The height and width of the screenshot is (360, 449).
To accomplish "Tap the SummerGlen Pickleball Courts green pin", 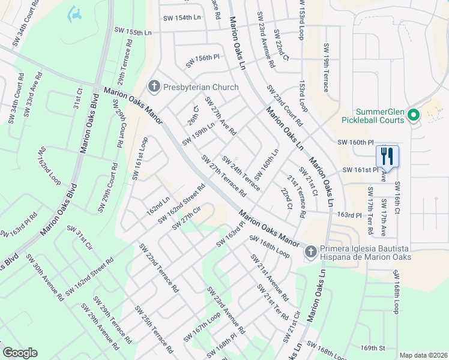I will (413, 114).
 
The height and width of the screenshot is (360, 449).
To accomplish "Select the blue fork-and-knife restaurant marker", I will (387, 157).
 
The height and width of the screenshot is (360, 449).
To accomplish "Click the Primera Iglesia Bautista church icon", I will (310, 251).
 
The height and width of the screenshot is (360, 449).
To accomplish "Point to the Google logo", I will (20, 353).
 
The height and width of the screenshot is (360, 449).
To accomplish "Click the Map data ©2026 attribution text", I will (423, 355).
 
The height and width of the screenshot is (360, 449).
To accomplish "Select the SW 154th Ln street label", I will (182, 18).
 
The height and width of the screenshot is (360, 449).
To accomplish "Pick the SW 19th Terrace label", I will (326, 67).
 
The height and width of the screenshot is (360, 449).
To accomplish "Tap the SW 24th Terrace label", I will (241, 173).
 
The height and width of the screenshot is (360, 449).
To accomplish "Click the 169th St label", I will (372, 348).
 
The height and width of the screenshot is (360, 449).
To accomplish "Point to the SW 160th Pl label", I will (355, 142).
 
